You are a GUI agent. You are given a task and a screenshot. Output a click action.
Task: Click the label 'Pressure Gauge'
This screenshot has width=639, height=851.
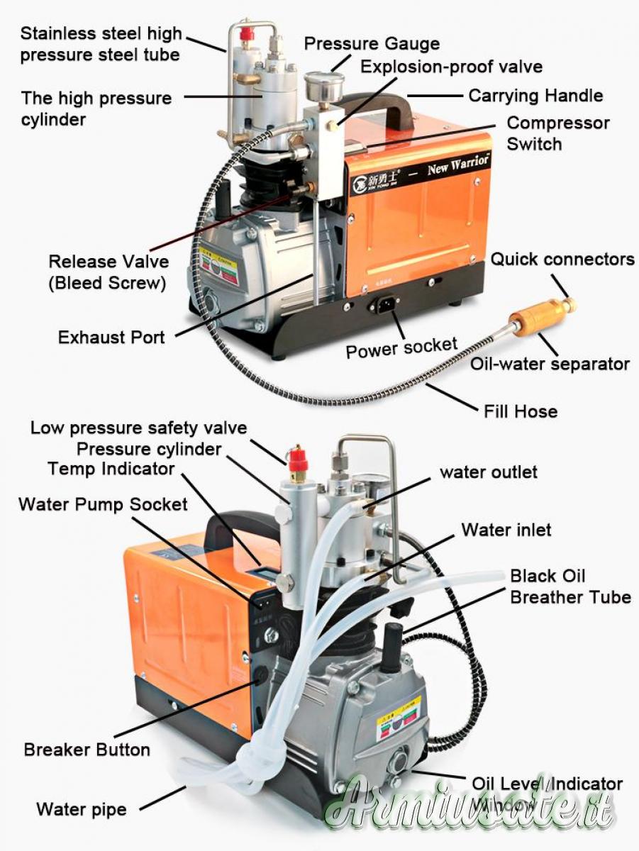pos(372,43)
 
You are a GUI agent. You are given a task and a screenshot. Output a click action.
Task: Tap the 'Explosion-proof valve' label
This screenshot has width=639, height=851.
pos(451,67)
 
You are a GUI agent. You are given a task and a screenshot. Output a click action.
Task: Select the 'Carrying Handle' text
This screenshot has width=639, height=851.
pos(535,96)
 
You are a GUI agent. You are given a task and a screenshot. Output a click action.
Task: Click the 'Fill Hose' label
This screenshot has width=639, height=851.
pos(521,411)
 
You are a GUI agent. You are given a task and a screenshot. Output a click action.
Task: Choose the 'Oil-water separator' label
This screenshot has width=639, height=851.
pos(550,364)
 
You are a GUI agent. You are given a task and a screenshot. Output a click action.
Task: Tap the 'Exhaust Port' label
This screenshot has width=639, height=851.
pos(111,337)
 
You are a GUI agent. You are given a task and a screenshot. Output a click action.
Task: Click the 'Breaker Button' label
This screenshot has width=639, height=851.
pos(87,750)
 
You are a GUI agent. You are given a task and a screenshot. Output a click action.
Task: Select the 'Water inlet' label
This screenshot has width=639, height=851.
pos(506,530)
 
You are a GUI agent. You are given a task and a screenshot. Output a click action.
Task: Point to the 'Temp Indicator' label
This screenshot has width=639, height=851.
pos(111,469)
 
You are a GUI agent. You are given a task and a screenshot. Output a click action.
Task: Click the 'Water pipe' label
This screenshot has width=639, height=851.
pos(82,809)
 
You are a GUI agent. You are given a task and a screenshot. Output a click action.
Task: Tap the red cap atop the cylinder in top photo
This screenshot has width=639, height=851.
pos(247,33)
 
